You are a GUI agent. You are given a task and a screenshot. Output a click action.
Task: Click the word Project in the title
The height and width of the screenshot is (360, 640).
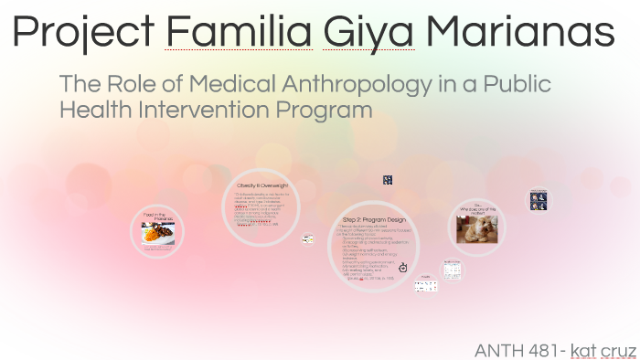tap(84, 34)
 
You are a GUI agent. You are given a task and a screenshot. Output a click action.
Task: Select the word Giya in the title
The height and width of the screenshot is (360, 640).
tap(368, 34)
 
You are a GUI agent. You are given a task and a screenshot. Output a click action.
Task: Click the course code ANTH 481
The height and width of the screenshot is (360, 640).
tap(518, 350)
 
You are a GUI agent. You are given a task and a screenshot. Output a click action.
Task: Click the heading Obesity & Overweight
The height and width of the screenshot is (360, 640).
tap(261, 185)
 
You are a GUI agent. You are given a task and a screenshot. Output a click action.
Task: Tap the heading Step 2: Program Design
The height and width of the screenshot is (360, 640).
tap(373, 220)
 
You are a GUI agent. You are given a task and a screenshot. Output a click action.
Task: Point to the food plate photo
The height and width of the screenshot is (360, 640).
tap(159, 233)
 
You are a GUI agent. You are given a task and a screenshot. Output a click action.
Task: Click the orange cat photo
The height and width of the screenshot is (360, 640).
tap(476, 228)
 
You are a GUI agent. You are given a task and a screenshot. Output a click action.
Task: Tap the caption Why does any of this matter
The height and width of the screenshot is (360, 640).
tap(476, 209)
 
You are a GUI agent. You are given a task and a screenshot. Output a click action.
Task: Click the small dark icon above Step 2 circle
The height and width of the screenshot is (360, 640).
tap(388, 181)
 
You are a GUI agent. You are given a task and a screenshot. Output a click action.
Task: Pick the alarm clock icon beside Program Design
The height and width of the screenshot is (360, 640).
tap(403, 266)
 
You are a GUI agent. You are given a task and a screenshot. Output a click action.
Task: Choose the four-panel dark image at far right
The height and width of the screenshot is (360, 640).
tap(538, 199)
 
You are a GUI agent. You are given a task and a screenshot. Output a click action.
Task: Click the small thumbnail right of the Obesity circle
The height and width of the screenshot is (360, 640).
tap(308, 238)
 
